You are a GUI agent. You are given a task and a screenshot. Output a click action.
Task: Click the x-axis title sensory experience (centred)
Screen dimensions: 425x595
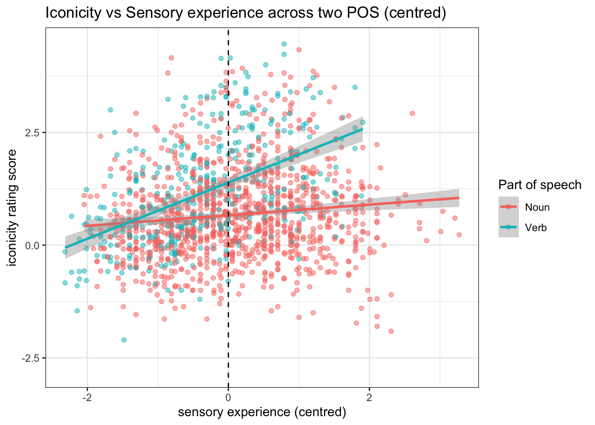262,412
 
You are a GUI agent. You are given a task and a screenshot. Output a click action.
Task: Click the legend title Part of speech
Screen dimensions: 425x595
540,185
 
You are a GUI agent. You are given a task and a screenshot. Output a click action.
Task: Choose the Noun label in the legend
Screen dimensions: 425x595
537,207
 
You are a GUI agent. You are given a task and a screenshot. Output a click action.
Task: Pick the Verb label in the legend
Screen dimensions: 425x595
536,228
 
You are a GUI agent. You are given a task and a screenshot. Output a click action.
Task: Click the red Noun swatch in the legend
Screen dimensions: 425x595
509,207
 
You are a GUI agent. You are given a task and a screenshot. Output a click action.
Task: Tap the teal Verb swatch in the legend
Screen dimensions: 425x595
509,227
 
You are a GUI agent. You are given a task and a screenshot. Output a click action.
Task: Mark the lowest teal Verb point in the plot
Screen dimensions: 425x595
124,340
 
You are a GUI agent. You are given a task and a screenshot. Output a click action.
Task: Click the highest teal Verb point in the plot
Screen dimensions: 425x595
284,44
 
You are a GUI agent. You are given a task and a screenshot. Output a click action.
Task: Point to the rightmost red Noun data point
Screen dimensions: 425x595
459,235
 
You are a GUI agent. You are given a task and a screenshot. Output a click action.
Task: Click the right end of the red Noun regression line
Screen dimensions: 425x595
459,198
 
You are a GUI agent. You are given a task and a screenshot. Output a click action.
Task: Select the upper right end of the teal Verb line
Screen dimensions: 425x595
363,129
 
